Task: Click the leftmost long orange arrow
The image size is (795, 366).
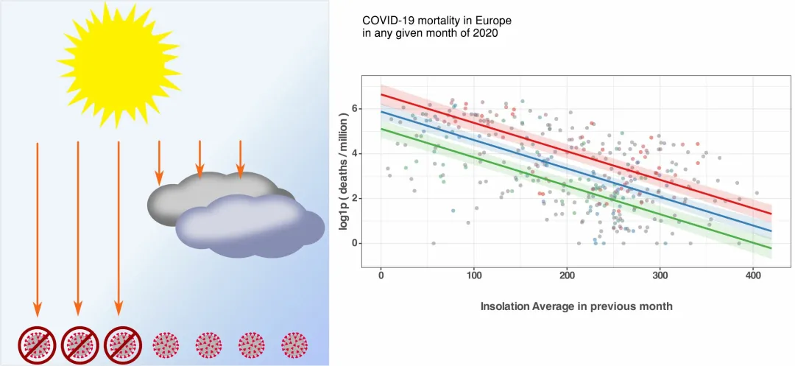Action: pos(38,228)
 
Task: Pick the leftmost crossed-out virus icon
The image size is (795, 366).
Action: pos(38,344)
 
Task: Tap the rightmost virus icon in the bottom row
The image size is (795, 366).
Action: pos(295,344)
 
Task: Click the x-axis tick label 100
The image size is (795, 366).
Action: pos(473,276)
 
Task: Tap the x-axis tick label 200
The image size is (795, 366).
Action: pos(567,276)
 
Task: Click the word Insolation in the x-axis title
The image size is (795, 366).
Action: pos(509,306)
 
